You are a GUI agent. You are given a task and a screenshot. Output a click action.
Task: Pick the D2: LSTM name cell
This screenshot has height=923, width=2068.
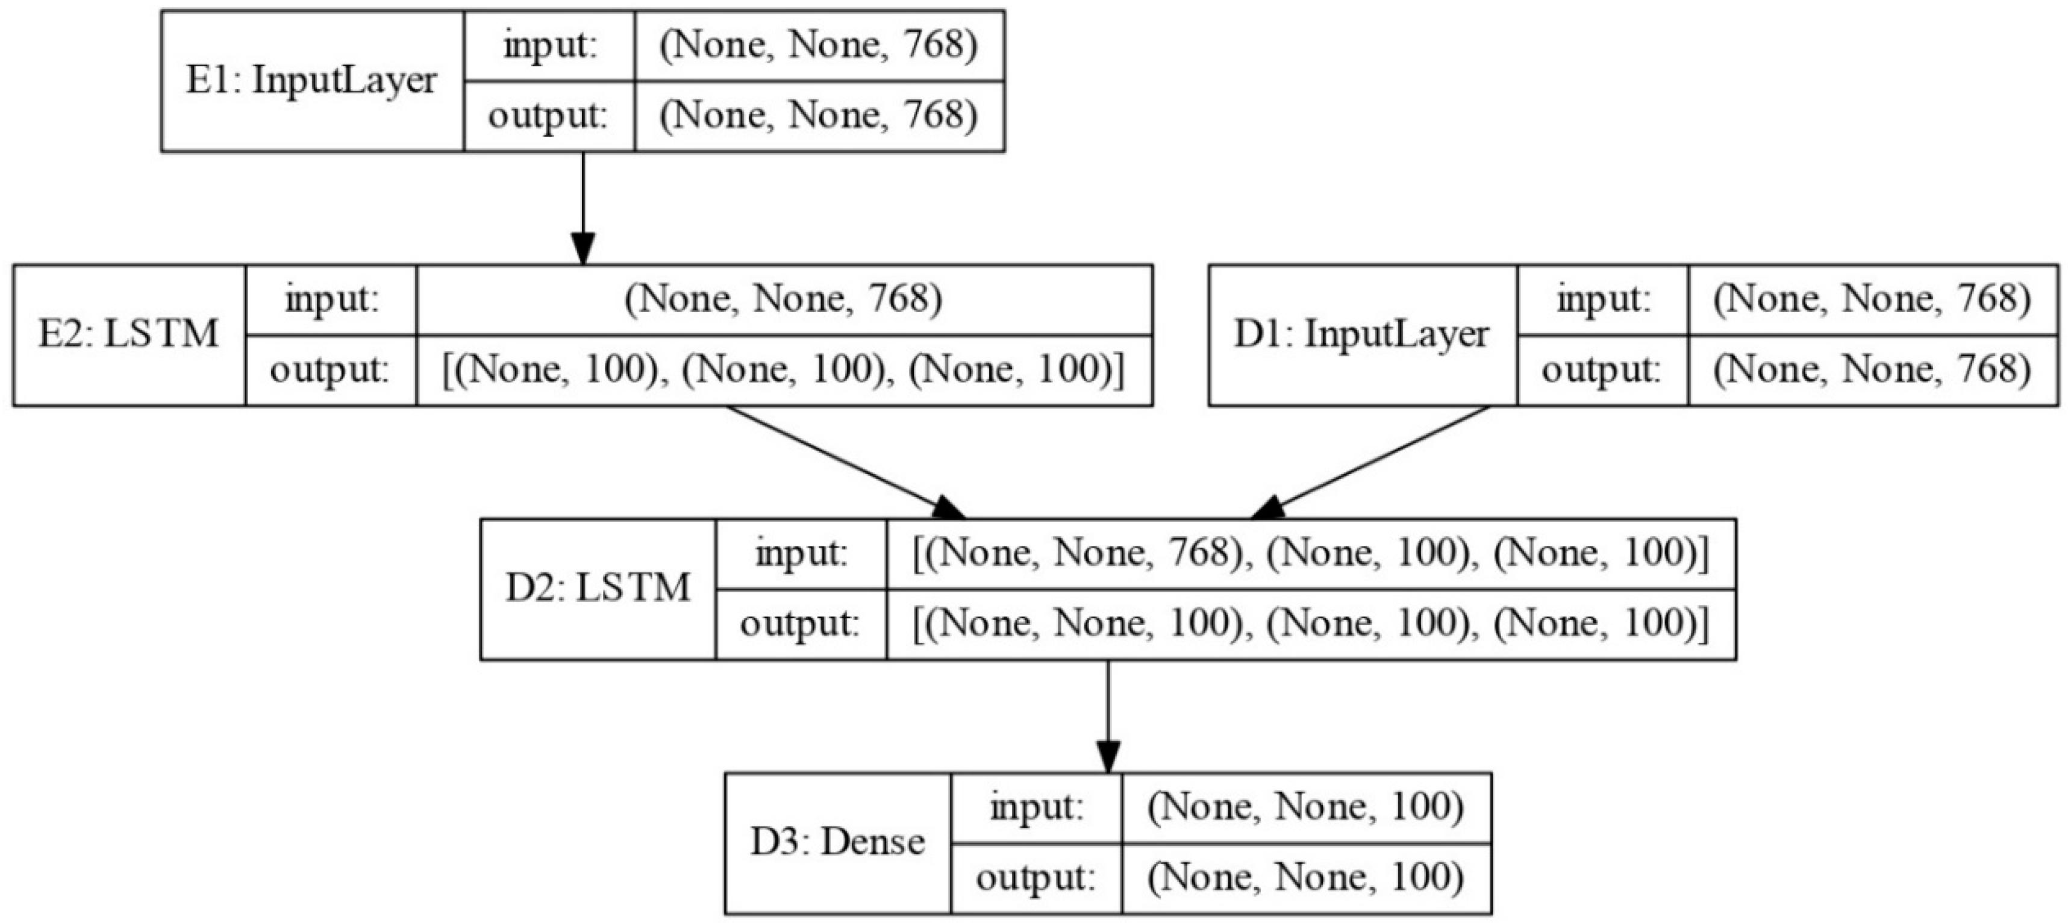click(598, 589)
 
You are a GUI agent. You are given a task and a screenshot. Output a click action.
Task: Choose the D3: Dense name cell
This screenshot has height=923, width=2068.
click(837, 843)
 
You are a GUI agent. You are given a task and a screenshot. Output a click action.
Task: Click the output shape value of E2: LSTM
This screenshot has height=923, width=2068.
click(784, 370)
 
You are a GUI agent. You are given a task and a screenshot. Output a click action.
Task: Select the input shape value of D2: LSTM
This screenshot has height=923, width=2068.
click(1310, 554)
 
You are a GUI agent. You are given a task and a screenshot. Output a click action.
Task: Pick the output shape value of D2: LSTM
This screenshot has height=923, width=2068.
click(1310, 624)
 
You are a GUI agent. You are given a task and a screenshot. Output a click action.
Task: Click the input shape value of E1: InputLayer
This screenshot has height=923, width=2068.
click(818, 46)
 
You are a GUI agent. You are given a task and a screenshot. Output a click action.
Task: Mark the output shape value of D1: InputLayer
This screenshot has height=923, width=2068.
click(1872, 370)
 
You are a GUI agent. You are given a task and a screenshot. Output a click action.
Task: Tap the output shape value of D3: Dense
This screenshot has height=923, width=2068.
click(1305, 878)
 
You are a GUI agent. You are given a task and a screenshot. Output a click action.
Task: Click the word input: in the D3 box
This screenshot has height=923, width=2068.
click(1036, 807)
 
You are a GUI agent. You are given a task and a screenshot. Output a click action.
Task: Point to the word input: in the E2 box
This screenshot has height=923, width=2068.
click(331, 300)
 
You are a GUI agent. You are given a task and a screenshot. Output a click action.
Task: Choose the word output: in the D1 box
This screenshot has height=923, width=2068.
click(1602, 370)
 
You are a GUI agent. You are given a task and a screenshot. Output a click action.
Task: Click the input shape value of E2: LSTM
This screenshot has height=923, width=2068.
click(784, 300)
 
